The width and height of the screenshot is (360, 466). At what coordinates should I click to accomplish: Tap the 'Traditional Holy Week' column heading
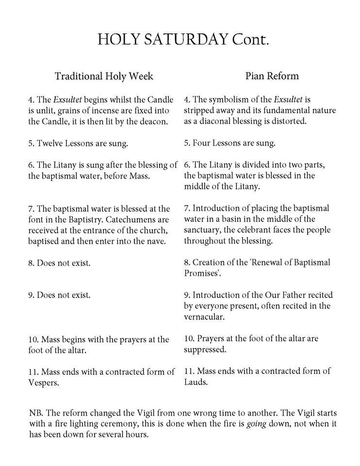(x=104, y=76)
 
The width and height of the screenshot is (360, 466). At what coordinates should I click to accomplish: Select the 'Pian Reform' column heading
(x=272, y=76)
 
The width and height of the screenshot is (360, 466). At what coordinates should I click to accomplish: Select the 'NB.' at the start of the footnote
(x=35, y=413)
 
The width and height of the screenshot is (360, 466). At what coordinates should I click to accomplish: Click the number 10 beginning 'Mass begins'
(x=33, y=339)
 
